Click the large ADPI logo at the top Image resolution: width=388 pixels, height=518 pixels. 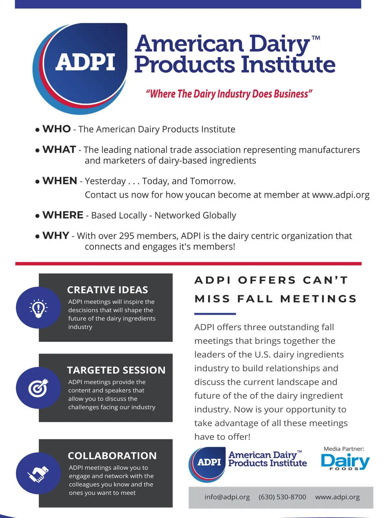pos(80,68)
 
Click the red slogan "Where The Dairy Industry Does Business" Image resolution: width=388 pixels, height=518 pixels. pos(229,94)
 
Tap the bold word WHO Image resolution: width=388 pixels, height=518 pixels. pos(57,129)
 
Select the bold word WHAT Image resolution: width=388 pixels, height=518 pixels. pos(59,149)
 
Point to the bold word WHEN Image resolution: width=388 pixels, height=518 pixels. pos(60,181)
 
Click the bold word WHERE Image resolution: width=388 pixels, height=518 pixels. pos(63,215)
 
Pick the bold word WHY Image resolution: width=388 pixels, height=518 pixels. pos(56,235)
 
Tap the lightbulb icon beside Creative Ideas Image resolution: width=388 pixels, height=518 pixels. pos(38,308)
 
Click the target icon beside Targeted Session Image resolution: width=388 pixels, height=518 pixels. pos(38,388)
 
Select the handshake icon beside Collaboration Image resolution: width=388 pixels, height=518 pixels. pos(38,474)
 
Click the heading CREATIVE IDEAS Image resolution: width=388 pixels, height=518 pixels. pos(107,290)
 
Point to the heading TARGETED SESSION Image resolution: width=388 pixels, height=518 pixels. pos(116,370)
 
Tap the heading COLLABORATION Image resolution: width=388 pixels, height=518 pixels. pos(112,456)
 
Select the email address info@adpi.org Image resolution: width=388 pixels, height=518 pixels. pos(227,497)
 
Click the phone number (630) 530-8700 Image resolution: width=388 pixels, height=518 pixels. pos(282,497)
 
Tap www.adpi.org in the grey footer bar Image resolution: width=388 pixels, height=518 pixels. pos(337,497)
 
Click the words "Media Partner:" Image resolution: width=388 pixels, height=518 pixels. pos(344,449)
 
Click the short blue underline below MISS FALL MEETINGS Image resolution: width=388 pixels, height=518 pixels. pos(215,314)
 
